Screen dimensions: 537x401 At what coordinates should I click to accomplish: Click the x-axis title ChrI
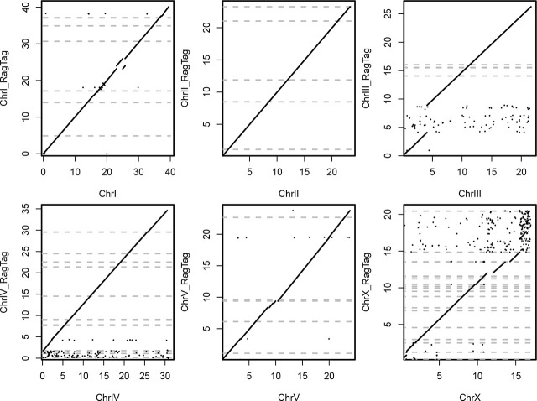107,194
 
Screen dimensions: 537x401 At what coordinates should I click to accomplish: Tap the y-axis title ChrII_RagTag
185,78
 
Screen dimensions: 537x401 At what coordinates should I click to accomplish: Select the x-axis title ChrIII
470,194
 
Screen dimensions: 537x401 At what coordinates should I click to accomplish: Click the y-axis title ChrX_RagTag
367,282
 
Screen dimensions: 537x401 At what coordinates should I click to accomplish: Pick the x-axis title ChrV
289,398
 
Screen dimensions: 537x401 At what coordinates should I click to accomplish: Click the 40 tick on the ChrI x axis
170,172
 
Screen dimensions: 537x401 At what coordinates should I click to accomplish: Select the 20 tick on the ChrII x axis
331,172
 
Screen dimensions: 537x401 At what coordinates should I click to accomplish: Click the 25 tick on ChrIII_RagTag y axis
388,14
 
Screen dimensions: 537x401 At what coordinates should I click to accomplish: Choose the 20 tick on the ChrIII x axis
521,172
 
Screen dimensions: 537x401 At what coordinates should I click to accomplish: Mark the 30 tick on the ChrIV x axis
165,376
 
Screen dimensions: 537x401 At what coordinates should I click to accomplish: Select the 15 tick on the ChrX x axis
516,376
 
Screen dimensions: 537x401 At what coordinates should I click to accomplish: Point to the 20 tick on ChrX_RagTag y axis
388,215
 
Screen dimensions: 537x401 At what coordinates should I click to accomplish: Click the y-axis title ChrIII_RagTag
367,78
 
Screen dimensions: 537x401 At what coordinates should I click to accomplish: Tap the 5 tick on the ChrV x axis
249,376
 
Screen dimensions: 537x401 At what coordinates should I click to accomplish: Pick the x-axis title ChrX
470,398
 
